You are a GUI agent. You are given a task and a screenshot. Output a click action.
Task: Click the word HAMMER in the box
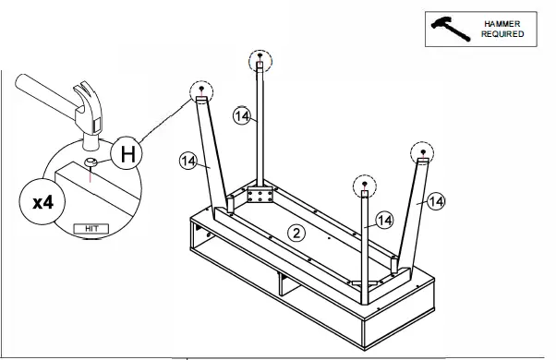502,24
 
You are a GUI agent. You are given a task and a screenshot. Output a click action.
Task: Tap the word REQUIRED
502,34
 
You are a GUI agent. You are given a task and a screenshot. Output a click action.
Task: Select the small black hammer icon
451,29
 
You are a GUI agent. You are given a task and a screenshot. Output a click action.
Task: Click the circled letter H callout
127,153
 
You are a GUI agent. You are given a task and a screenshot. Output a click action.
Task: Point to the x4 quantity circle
42,202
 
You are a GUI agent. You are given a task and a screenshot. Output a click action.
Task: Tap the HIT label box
91,229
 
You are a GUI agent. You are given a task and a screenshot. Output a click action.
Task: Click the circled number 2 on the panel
296,233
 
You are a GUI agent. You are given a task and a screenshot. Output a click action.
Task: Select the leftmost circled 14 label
188,162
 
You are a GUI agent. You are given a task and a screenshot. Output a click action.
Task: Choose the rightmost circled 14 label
436,201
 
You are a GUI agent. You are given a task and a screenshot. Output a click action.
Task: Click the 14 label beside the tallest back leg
242,116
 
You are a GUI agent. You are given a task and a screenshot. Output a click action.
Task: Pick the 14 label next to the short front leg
384,220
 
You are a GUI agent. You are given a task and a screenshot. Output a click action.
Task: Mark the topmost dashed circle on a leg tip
260,61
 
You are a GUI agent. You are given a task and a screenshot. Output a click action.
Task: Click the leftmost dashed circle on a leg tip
201,91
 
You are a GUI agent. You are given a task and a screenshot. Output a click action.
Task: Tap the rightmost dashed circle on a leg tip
422,153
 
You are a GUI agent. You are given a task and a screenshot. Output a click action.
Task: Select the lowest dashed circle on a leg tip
365,186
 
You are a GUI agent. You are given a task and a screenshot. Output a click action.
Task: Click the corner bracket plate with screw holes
260,196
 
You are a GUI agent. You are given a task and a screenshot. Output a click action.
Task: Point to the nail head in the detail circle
91,162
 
